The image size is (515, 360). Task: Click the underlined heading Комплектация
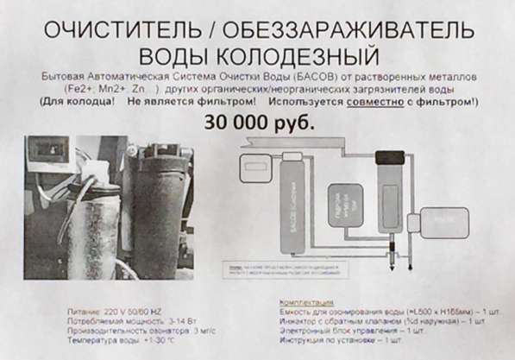(x=308, y=304)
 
